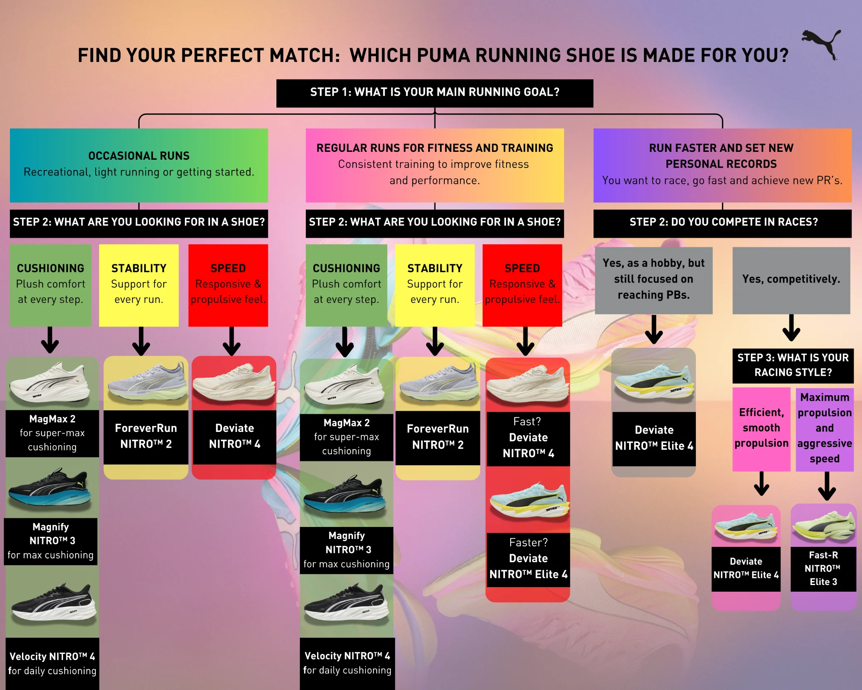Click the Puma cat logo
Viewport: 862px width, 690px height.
click(822, 44)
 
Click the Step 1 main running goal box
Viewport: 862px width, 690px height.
click(434, 93)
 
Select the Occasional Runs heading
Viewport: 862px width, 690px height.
click(139, 156)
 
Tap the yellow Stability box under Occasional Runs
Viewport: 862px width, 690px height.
click(139, 285)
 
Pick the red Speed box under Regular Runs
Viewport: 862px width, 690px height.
click(522, 285)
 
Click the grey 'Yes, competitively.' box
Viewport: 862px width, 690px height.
click(791, 280)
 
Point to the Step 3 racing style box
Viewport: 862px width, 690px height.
click(792, 365)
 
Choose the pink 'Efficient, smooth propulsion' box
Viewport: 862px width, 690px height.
click(761, 428)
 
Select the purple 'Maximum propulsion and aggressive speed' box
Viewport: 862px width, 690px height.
click(824, 428)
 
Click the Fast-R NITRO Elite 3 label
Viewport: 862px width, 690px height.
click(823, 568)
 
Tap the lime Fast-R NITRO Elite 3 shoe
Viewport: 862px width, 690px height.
click(823, 527)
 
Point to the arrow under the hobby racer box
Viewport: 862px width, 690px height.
click(654, 330)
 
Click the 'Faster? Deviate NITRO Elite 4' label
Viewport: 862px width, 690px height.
click(528, 559)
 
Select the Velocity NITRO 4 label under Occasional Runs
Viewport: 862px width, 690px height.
click(52, 663)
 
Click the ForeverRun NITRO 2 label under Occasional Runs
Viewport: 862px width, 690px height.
click(146, 436)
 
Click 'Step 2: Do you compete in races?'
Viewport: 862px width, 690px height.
click(723, 222)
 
